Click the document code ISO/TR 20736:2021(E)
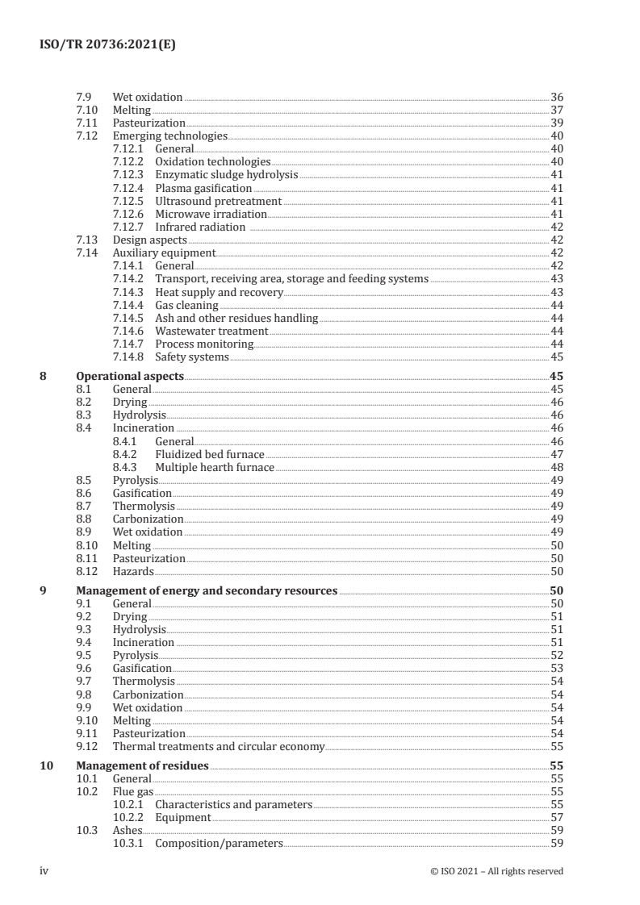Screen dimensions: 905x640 [107, 46]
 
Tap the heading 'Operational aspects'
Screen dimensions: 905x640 [129, 376]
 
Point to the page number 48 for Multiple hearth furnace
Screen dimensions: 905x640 [556, 467]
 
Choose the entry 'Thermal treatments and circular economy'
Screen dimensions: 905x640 [218, 746]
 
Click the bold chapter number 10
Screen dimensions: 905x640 [47, 765]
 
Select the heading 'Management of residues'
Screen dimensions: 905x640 [142, 765]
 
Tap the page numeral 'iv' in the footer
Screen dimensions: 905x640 [45, 870]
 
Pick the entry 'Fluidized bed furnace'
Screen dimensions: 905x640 [210, 454]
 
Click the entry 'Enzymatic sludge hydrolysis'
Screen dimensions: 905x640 [226, 175]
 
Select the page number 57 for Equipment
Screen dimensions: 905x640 [556, 817]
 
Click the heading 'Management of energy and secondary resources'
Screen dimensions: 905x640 [207, 590]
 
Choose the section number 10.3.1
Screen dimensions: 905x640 [130, 843]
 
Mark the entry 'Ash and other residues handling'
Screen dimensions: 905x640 [236, 318]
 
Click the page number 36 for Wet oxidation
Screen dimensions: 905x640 [556, 97]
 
